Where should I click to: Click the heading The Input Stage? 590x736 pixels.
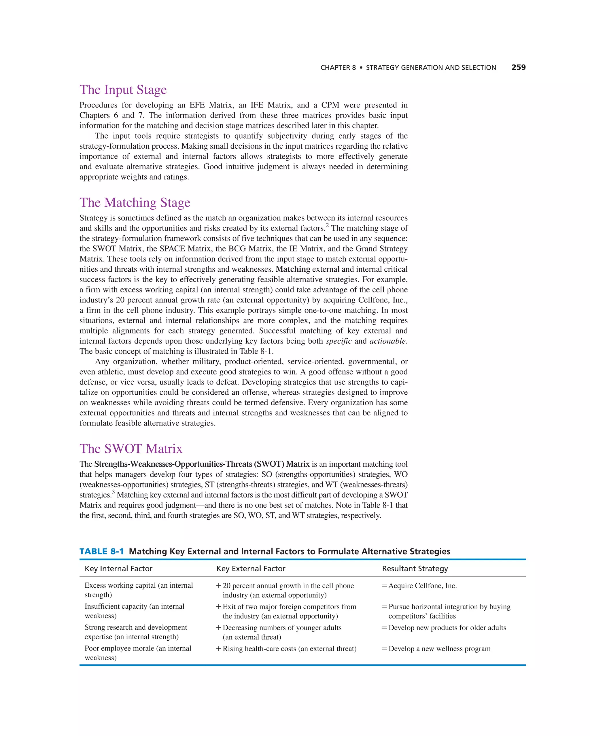pyautogui.click(x=123, y=90)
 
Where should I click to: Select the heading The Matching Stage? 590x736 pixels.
pyautogui.click(x=135, y=203)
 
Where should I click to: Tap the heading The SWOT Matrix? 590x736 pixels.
pyautogui.click(x=131, y=449)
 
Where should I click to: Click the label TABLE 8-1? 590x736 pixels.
pyautogui.click(x=101, y=551)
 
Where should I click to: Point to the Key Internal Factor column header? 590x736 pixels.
pyautogui.click(x=118, y=568)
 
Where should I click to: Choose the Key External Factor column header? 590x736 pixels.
pyautogui.click(x=251, y=568)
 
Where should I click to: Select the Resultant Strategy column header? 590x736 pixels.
pyautogui.click(x=415, y=568)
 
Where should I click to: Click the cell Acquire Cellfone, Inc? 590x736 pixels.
pyautogui.click(x=422, y=586)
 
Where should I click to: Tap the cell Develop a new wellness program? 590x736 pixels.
pyautogui.click(x=439, y=649)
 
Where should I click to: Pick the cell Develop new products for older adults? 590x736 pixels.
pyautogui.click(x=447, y=627)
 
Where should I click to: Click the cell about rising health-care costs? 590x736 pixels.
pyautogui.click(x=289, y=649)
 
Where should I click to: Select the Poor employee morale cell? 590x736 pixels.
pyautogui.click(x=138, y=653)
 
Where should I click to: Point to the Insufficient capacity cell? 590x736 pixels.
pyautogui.click(x=134, y=611)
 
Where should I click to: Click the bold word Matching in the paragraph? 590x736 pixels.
pyautogui.click(x=293, y=269)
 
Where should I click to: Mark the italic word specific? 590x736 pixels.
pyautogui.click(x=339, y=341)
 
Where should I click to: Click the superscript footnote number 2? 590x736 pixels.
pyautogui.click(x=327, y=225)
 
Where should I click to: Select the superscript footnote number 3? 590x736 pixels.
pyautogui.click(x=113, y=492)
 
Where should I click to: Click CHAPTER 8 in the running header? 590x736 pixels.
pyautogui.click(x=338, y=68)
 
